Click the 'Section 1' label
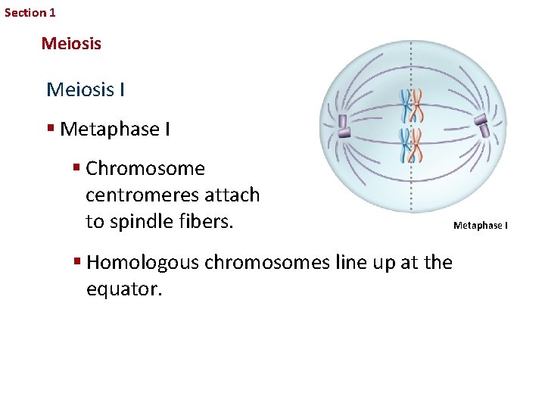tap(30, 13)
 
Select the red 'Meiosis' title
tap(71, 44)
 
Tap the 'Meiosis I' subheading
tap(86, 90)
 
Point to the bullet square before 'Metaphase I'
tap(51, 130)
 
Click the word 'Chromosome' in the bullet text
tap(145, 168)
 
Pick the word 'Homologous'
tap(143, 262)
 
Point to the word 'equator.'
tap(124, 289)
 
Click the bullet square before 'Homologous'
tap(77, 262)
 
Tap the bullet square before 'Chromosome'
tap(77, 168)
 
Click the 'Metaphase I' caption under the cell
tap(481, 225)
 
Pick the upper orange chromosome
tap(417, 105)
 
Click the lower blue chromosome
tap(406, 145)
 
